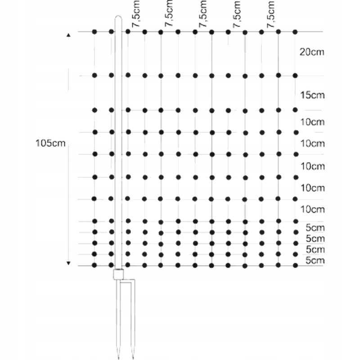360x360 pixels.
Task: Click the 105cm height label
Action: coord(50,143)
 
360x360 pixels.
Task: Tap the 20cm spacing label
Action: coord(312,52)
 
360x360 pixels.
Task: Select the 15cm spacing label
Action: coord(312,95)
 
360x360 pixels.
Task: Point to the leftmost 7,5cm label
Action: coord(136,14)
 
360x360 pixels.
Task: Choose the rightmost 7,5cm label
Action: coord(271,14)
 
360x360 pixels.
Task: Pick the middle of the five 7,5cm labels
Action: coord(203,14)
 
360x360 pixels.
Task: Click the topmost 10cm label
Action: coord(312,122)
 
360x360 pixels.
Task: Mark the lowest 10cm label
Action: coord(312,209)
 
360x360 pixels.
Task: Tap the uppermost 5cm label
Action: coord(315,228)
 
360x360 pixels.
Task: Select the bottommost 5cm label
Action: coord(315,261)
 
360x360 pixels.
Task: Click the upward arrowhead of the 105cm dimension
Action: coord(68,35)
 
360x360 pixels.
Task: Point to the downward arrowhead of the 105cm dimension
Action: coord(68,263)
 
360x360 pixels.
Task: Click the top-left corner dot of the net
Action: coord(94,31)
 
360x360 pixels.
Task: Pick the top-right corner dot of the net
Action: coord(295,32)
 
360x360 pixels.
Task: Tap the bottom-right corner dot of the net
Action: coord(296,265)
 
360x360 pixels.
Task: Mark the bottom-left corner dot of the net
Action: coord(94,265)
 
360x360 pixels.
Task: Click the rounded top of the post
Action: coord(118,18)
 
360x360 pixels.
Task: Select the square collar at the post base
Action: coord(118,274)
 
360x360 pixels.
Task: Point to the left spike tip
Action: coord(118,358)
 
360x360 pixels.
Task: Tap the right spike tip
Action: coord(132,358)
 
